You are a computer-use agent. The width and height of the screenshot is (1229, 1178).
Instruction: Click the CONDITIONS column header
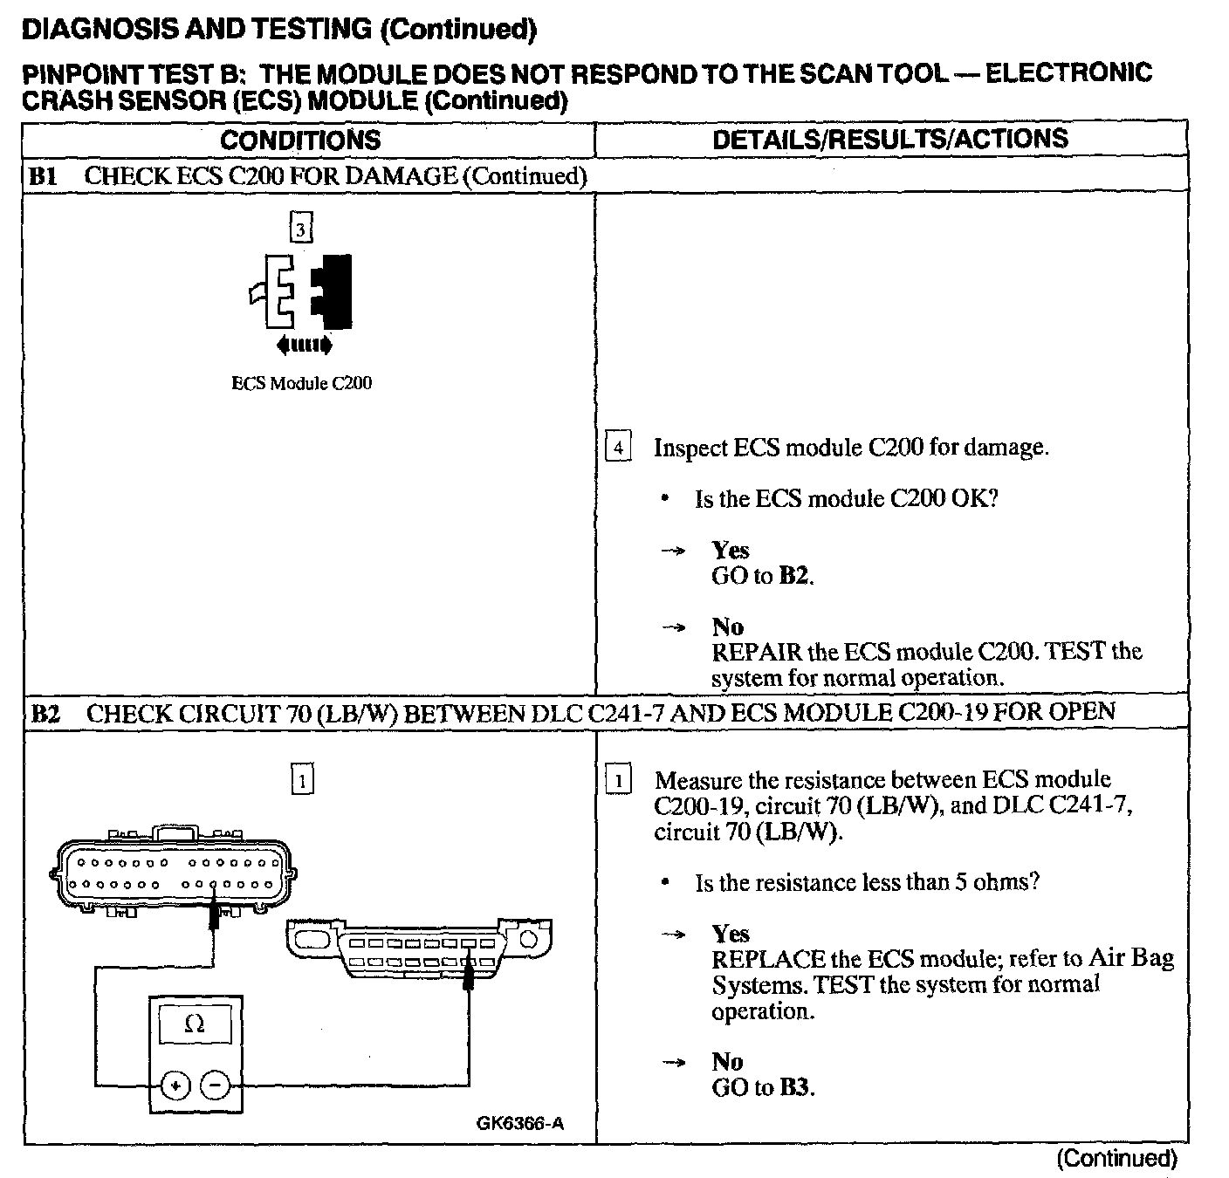coord(300,140)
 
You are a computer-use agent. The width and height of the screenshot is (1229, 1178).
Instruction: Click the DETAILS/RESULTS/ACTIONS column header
coord(890,140)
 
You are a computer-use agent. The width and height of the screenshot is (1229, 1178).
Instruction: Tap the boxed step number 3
coord(300,229)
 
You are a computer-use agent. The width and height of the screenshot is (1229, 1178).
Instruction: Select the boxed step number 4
coord(618,449)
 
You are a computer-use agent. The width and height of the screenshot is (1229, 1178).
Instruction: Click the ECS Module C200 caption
coord(301,383)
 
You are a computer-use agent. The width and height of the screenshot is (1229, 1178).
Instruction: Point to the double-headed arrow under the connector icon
coord(304,346)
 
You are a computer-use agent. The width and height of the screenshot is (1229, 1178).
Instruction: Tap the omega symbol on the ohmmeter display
coord(195,1025)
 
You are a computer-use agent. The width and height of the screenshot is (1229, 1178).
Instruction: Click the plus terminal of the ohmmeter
coord(175,1086)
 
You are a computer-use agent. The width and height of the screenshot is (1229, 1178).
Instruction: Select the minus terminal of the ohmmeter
coord(216,1086)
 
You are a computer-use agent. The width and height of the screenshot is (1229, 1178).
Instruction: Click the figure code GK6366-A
coord(520,1123)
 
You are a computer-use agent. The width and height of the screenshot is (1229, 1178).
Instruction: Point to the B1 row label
coord(43,176)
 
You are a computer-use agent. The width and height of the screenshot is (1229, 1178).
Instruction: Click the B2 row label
coord(45,713)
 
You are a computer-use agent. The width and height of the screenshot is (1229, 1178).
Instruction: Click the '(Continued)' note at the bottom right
coord(1116,1158)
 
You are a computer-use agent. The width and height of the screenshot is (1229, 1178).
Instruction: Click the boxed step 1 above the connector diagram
coord(301,779)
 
